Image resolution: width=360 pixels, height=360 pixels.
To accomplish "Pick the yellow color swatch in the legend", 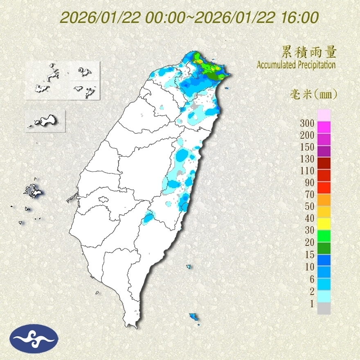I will click(x=324, y=223).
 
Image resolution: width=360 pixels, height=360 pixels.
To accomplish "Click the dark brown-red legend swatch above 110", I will click(x=324, y=164).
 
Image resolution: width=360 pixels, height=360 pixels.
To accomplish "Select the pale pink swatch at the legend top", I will click(x=324, y=116).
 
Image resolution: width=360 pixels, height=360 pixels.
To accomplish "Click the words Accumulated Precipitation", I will click(x=296, y=65).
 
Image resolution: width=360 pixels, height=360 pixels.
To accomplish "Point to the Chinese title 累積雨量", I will click(x=309, y=52).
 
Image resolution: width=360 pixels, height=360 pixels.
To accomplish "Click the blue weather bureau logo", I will click(x=34, y=339).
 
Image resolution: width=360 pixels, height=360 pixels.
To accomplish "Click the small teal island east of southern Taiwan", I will click(x=189, y=267).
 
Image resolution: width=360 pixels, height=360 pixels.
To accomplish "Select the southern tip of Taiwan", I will click(x=132, y=326).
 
